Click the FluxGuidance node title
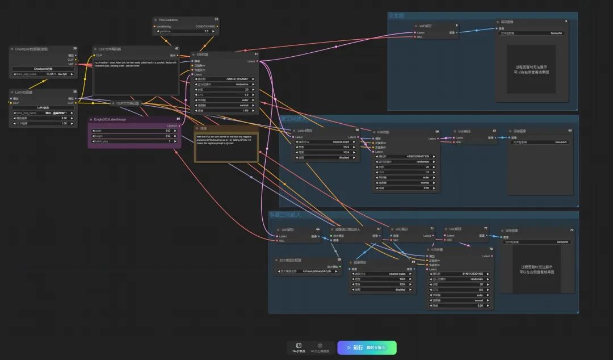click(167, 20)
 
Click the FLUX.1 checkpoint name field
click(44, 74)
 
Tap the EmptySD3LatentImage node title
click(111, 120)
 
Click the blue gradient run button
click(367, 348)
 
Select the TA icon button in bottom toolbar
click(299, 348)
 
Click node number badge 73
click(571, 230)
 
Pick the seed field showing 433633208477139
click(405, 156)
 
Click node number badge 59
click(437, 132)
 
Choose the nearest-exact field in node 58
click(326, 142)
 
